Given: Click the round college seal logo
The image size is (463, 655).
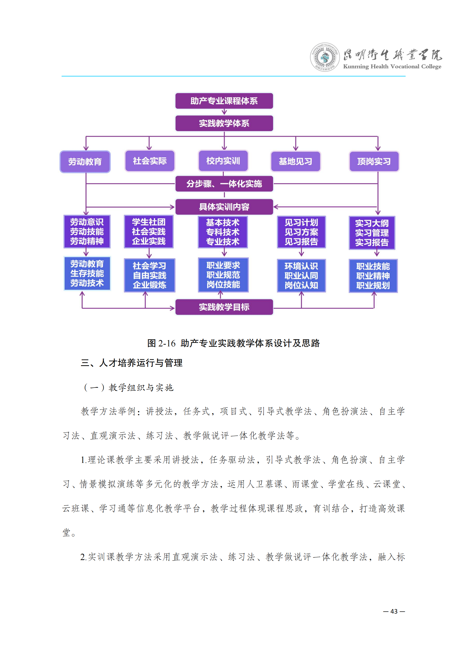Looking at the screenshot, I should pyautogui.click(x=325, y=57).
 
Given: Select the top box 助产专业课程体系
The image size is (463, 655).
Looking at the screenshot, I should pyautogui.click(x=224, y=101).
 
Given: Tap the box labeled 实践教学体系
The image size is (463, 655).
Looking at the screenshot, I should pyautogui.click(x=224, y=123).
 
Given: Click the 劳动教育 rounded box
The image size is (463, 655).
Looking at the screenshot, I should pyautogui.click(x=85, y=162).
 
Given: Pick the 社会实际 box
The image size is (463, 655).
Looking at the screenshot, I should pyautogui.click(x=150, y=161).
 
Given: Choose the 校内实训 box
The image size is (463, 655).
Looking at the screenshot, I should pyautogui.click(x=223, y=161).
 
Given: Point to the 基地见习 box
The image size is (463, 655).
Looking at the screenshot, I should pyautogui.click(x=295, y=162).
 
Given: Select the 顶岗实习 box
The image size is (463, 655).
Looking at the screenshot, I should pyautogui.click(x=374, y=162).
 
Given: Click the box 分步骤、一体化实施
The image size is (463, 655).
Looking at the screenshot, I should pyautogui.click(x=224, y=184).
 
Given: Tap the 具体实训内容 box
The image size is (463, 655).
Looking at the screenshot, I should pyautogui.click(x=224, y=207).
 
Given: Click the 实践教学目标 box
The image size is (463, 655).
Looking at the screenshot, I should pyautogui.click(x=224, y=307).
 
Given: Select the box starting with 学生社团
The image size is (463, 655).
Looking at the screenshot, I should pyautogui.click(x=149, y=231).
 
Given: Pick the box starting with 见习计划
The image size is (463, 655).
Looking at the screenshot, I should pyautogui.click(x=301, y=232).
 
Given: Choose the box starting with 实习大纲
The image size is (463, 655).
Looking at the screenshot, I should pyautogui.click(x=372, y=232).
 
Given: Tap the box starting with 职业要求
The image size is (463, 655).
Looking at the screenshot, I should pyautogui.click(x=223, y=275).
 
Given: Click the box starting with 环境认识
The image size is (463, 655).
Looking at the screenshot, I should pyautogui.click(x=301, y=276).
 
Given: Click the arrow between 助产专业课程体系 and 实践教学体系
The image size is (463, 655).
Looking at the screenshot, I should pyautogui.click(x=224, y=112).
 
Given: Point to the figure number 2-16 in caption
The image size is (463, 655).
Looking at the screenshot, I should pyautogui.click(x=167, y=343).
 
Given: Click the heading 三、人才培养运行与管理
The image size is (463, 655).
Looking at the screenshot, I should pyautogui.click(x=132, y=363).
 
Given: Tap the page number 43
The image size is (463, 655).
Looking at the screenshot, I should pyautogui.click(x=394, y=611).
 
